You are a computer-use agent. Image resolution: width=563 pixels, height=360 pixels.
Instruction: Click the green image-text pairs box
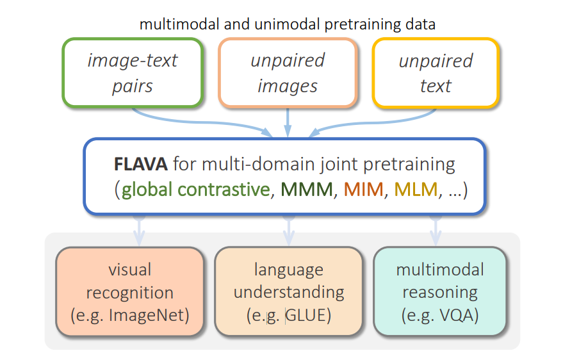(133, 72)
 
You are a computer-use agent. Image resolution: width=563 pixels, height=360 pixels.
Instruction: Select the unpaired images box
(288, 72)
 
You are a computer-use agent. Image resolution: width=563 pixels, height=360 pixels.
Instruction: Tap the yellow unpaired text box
(436, 72)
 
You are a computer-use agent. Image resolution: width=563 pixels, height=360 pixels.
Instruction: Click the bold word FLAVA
(141, 164)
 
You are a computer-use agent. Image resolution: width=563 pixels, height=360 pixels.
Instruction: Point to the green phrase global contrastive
(195, 190)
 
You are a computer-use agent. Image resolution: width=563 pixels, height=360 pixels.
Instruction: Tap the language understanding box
(288, 291)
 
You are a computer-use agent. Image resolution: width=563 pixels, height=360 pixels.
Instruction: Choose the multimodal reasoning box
(439, 291)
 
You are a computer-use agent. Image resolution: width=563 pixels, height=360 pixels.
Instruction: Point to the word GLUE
(306, 315)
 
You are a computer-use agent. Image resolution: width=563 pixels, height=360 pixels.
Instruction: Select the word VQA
(456, 315)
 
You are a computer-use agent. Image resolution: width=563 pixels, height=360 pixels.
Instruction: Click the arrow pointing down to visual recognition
(139, 231)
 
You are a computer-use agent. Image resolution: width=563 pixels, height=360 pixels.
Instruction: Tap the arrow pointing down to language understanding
(288, 231)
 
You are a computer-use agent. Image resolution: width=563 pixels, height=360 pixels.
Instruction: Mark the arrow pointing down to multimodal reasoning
(436, 231)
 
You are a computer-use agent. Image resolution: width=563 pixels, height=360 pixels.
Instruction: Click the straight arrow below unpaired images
(288, 122)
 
